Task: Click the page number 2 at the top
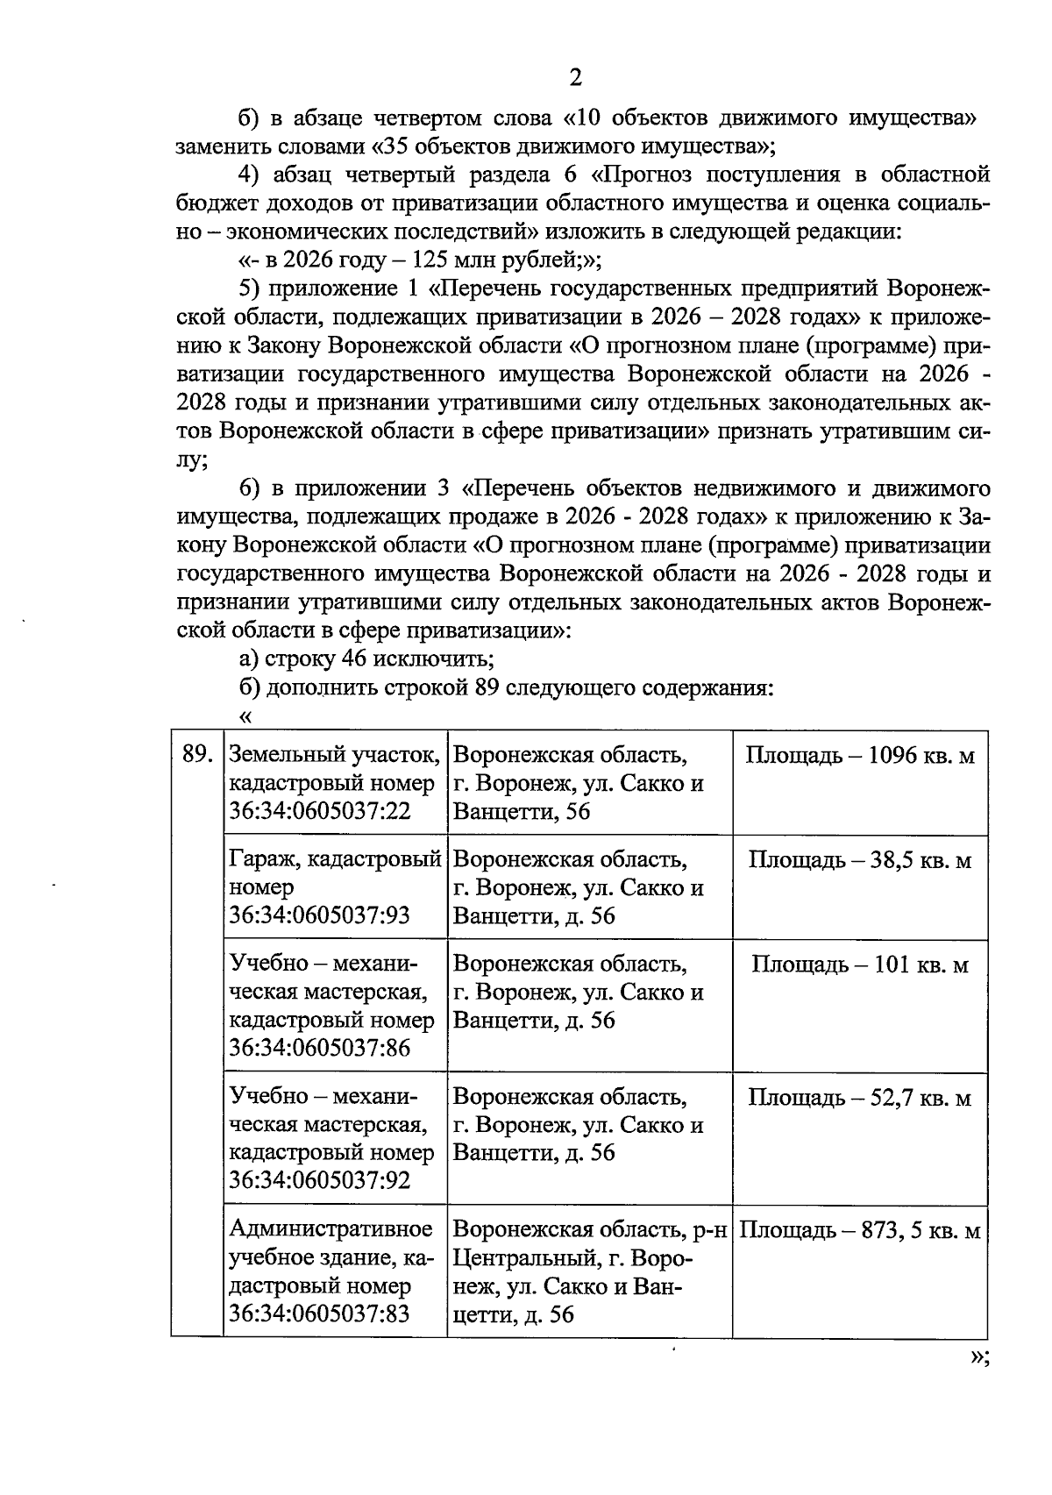click(575, 78)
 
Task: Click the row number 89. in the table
click(197, 755)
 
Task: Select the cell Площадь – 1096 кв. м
click(859, 755)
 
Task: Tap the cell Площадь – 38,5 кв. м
click(859, 859)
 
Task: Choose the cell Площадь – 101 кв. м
click(859, 965)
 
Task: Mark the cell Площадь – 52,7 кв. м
click(859, 1097)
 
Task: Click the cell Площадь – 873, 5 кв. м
click(859, 1230)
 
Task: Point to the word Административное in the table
click(331, 1230)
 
